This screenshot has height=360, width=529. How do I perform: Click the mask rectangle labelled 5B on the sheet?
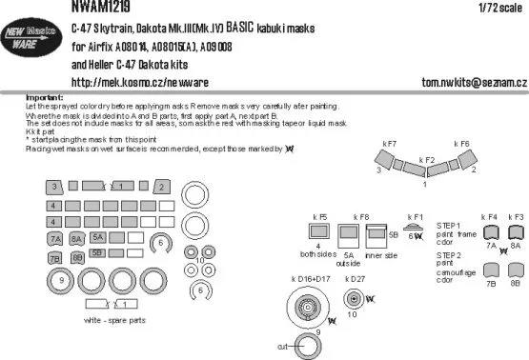pos(98,252)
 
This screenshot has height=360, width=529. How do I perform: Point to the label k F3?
pos(517,218)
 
